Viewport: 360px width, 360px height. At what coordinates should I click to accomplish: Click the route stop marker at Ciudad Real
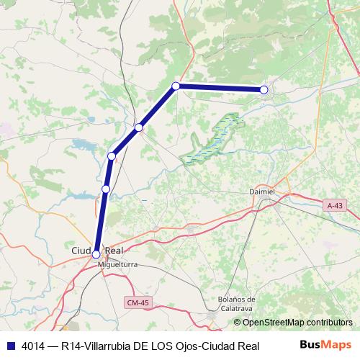click(96, 253)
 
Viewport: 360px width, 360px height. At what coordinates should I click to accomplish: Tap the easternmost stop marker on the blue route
click(264, 89)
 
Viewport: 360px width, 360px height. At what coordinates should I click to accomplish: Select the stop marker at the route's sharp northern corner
click(176, 86)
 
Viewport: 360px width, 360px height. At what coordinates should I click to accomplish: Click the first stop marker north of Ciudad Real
click(106, 189)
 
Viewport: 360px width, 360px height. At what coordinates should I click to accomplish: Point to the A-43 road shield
click(334, 206)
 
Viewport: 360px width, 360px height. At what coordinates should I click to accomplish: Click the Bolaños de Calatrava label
click(237, 303)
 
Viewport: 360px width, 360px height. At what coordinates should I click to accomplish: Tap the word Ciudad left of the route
click(81, 250)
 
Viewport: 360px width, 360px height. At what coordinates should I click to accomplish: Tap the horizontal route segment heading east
click(220, 88)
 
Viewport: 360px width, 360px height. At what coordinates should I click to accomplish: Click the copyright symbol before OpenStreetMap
click(238, 323)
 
